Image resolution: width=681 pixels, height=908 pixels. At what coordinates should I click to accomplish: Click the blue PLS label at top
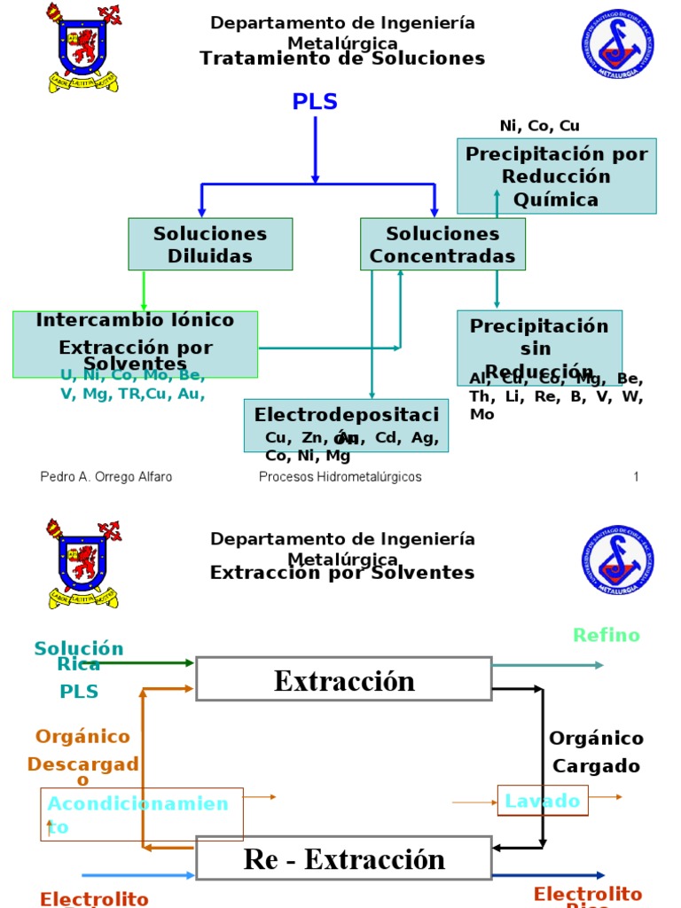(315, 102)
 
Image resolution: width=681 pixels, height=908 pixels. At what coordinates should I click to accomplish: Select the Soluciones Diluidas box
(210, 245)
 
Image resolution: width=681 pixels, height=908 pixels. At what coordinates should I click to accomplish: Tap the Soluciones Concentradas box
(442, 245)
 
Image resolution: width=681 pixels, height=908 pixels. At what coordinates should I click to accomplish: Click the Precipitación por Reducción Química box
(557, 176)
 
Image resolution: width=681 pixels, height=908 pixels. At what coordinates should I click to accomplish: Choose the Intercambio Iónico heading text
(135, 320)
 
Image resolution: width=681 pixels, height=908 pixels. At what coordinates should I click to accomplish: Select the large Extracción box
(344, 679)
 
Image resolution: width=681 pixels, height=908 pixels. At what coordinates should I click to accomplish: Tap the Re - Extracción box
(344, 858)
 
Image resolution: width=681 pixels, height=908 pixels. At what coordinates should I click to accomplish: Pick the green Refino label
(607, 635)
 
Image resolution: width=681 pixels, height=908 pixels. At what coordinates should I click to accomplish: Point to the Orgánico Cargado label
(596, 751)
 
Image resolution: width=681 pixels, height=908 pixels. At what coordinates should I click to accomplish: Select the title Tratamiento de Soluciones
(342, 59)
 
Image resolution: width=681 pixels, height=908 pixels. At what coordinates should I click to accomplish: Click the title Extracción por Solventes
(342, 573)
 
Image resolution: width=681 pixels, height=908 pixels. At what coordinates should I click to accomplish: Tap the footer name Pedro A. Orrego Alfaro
(106, 477)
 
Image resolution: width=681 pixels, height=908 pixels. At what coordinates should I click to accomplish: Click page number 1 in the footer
(636, 477)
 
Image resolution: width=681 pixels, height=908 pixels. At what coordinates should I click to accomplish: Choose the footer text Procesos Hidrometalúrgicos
(340, 477)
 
